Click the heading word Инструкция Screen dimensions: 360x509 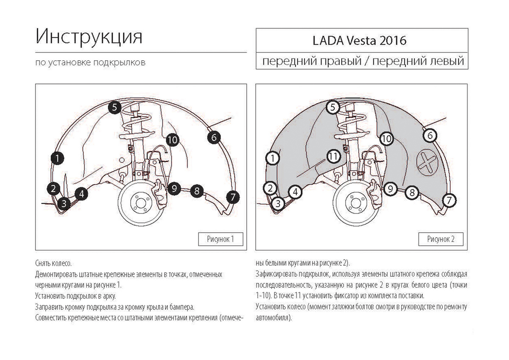[89, 37]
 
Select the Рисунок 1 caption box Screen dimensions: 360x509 [221, 239]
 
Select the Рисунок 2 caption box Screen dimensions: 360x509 [441, 239]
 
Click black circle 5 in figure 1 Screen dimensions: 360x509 [115, 107]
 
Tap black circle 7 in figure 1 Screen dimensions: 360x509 [233, 197]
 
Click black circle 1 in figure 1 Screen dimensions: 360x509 [57, 158]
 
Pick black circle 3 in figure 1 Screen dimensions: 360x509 [64, 203]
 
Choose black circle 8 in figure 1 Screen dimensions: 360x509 [196, 191]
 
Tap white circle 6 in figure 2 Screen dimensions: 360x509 [430, 135]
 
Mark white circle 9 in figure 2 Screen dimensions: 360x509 [391, 187]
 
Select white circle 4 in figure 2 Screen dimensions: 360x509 [296, 192]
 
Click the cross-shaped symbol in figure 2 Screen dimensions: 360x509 [427, 163]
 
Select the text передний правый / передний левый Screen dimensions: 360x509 [362, 61]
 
